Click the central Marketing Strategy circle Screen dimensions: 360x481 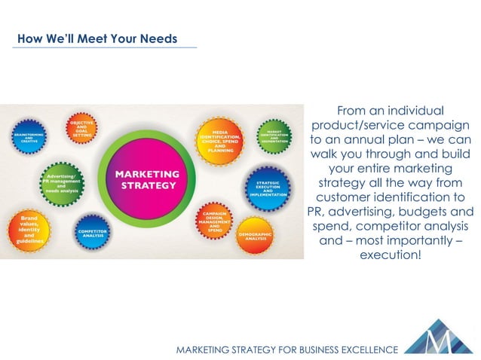145,180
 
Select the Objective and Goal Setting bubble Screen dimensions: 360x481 81,127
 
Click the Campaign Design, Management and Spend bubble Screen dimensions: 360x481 214,221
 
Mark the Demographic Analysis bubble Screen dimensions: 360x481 254,235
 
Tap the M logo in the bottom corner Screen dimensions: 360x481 440,337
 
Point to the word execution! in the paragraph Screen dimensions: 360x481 391,256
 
